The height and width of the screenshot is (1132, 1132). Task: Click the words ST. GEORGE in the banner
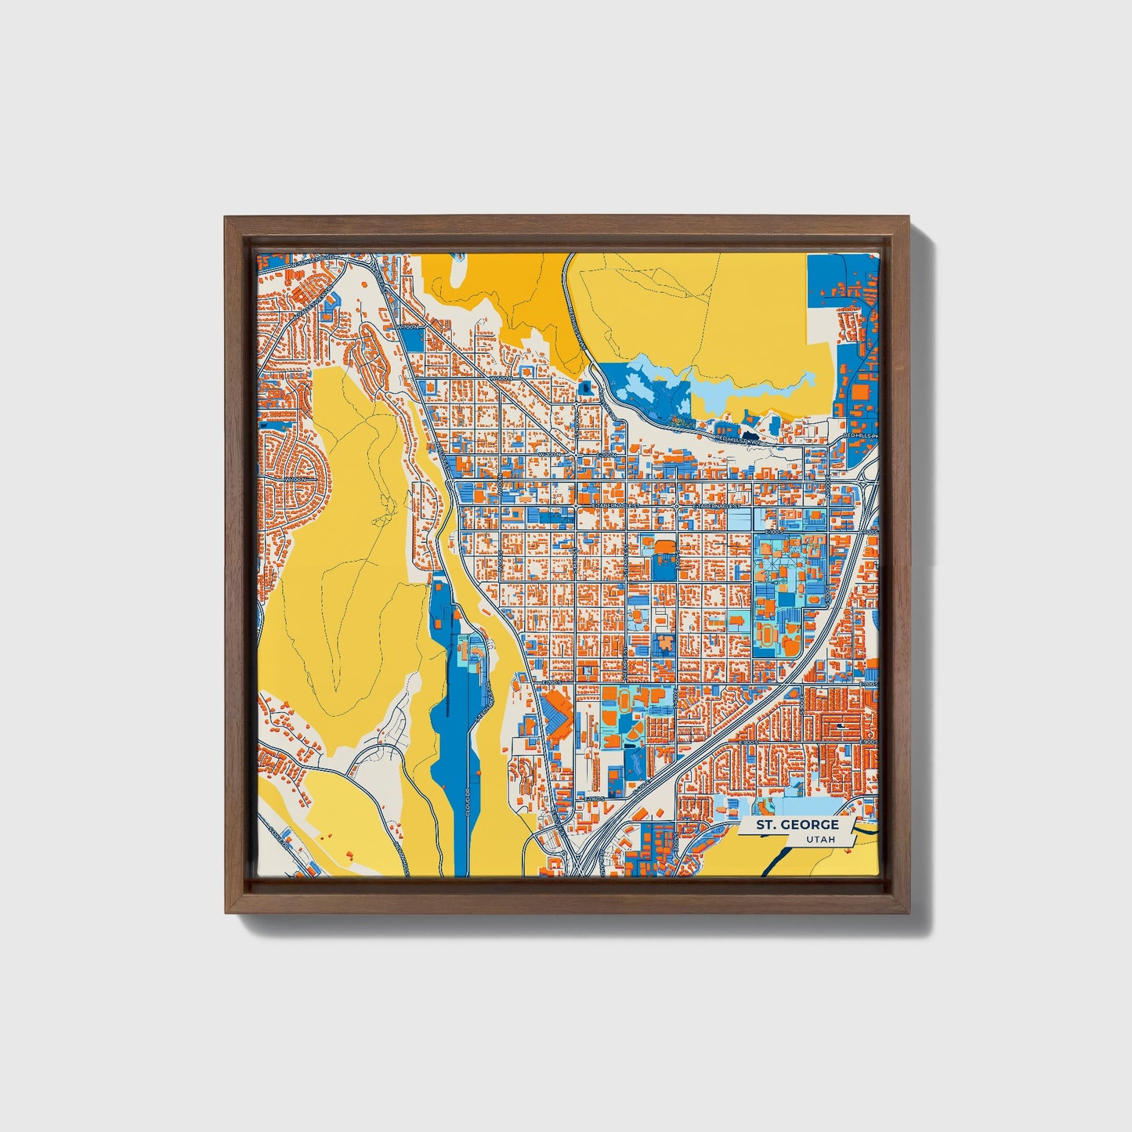tap(797, 825)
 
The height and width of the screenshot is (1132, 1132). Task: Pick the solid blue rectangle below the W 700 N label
tap(415, 338)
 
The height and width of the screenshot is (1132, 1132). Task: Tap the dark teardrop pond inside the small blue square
tap(584, 387)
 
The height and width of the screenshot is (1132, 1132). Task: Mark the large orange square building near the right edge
tap(860, 389)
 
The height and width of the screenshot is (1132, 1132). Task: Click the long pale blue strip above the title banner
tap(807, 806)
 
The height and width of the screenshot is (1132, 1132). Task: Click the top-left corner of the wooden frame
tap(226, 218)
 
